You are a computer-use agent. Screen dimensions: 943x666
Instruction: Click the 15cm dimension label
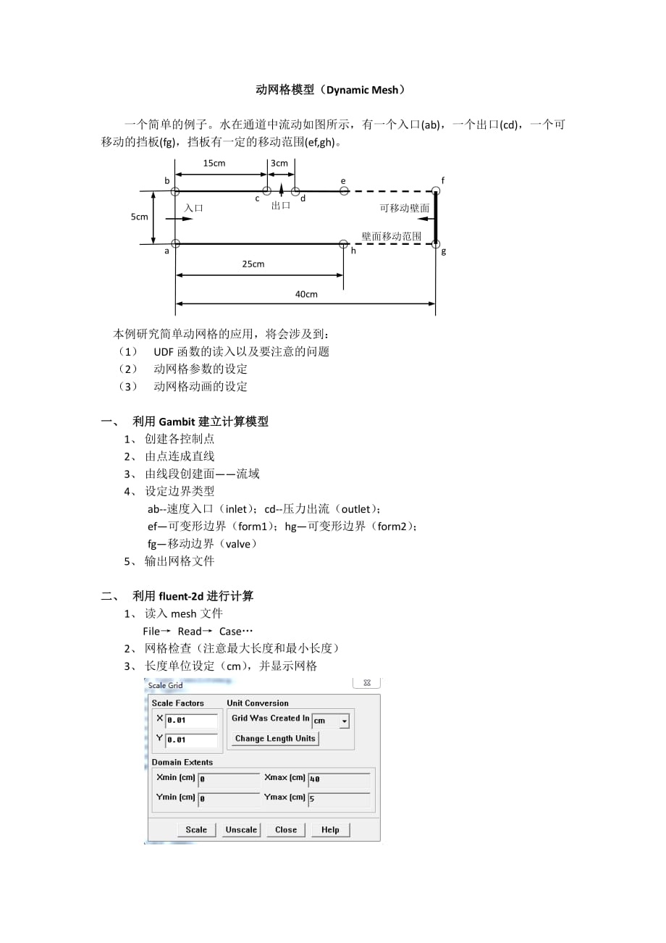pos(214,164)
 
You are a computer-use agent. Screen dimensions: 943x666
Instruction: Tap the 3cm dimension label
pos(279,164)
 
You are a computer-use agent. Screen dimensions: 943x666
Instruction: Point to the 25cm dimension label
pos(253,264)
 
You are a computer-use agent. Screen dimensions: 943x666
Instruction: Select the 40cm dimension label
pos(306,294)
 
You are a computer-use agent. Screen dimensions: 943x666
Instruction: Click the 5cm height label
pos(140,217)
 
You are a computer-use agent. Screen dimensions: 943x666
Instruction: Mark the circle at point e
pos(345,191)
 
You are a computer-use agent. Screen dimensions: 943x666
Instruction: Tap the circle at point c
pos(267,191)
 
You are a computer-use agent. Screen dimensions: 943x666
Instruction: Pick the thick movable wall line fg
pos(436,217)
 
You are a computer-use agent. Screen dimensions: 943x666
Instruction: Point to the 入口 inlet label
pos(193,208)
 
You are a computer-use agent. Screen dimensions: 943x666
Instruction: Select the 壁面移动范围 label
pos(392,236)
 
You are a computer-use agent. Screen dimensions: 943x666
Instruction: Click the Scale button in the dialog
pos(196,830)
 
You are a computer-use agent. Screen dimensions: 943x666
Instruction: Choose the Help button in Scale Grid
pos(330,830)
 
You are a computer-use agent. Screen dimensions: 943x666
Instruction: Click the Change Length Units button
pos(275,739)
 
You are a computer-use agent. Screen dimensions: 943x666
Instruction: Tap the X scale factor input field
pos(191,721)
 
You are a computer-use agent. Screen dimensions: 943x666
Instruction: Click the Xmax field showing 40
pos(339,779)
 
